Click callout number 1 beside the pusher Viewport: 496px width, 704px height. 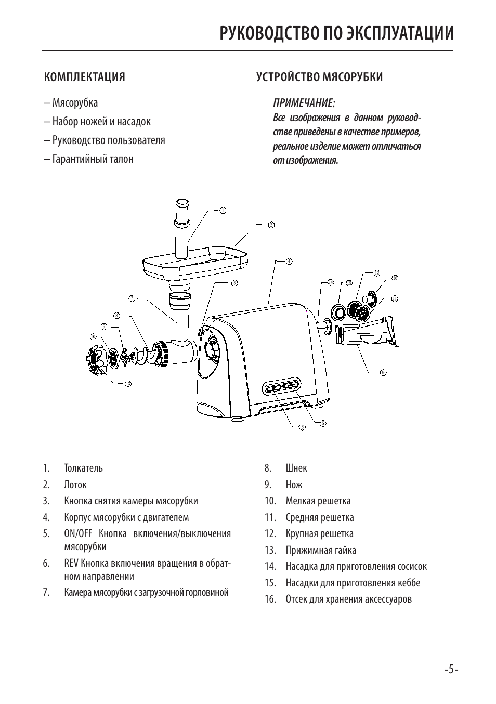coord(223,211)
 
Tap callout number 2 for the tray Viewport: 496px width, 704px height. coord(271,225)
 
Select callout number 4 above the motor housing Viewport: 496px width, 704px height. coord(289,261)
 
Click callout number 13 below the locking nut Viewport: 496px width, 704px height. coord(127,384)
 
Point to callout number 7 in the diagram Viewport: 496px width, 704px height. coord(132,298)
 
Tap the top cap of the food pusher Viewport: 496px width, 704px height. coord(182,203)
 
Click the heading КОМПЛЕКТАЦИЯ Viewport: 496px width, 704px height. coord(85,77)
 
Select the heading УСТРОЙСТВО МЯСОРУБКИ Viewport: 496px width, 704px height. coord(319,77)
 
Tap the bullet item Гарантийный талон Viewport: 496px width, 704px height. coord(93,159)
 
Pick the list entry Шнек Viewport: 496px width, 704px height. coord(296,468)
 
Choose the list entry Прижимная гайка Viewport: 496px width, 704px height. coord(321,550)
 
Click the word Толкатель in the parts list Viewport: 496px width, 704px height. coord(84,468)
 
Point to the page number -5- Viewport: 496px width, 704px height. coord(451,669)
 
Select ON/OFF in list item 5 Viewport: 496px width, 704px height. coord(79,533)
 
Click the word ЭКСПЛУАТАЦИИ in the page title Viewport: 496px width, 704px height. coord(400,33)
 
